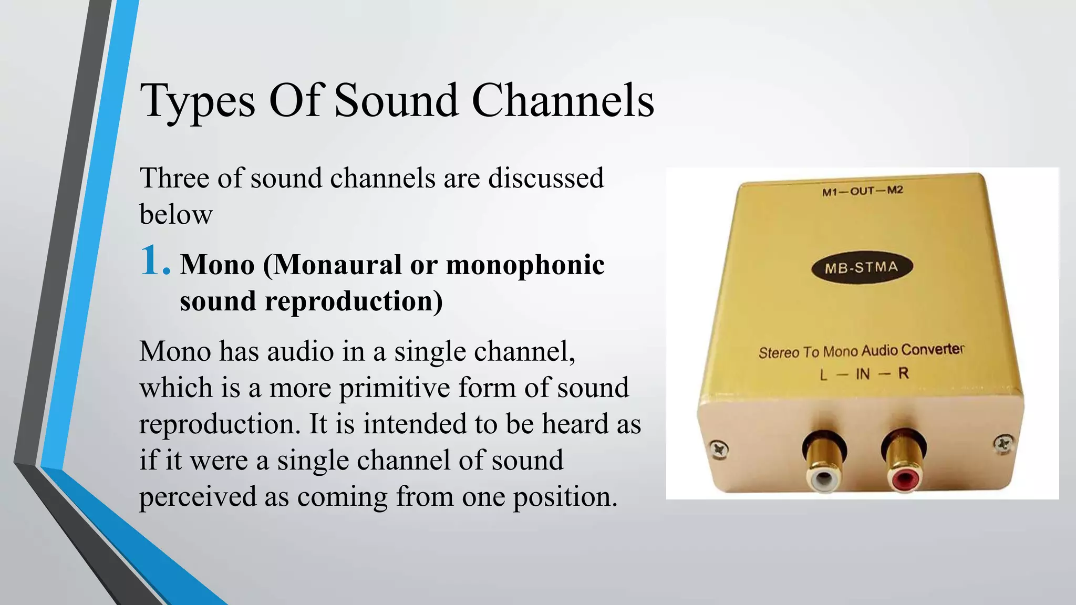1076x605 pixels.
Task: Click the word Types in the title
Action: [x=198, y=101]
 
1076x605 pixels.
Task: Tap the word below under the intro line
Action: [x=175, y=214]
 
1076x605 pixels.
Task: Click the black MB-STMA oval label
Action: [x=862, y=267]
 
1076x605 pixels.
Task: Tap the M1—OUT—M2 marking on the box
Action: [x=862, y=191]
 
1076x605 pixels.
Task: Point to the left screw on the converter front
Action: [x=718, y=449]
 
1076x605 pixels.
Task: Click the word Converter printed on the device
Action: [x=933, y=349]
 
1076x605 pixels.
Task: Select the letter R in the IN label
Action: [x=903, y=373]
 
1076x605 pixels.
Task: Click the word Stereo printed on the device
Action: [x=778, y=353]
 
